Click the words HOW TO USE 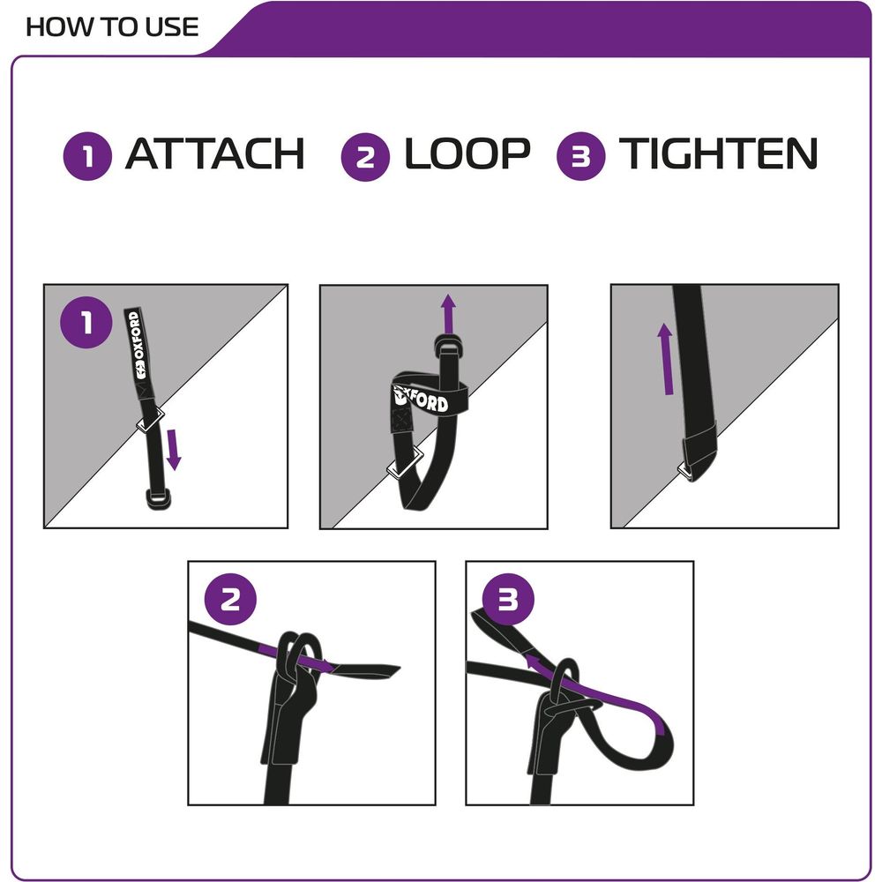coord(112,26)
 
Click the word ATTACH coord(214,155)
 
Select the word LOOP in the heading coord(467,155)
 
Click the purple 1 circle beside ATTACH coord(87,157)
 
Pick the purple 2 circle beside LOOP coord(365,157)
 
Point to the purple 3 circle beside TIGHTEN coord(581,157)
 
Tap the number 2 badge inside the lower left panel coord(230,601)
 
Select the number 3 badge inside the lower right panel coord(508,601)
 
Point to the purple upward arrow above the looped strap coord(449,313)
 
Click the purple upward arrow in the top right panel coord(666,357)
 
